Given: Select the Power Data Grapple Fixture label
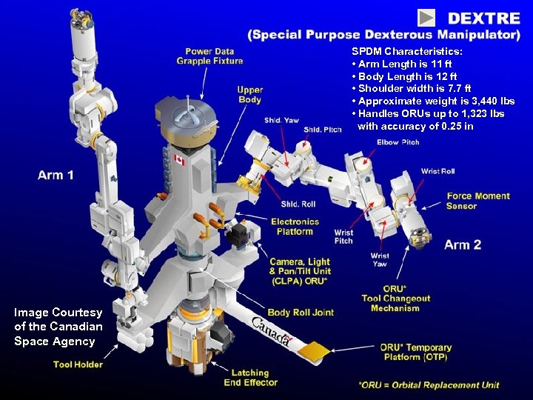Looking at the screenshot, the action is click(x=209, y=56).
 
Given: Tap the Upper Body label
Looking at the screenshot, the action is click(x=250, y=95).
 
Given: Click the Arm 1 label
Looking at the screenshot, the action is click(x=56, y=176).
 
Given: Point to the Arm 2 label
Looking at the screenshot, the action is click(x=463, y=244).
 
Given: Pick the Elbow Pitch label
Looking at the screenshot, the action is click(x=398, y=142).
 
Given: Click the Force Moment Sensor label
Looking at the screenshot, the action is click(x=477, y=201).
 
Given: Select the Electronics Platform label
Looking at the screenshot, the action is click(x=295, y=226).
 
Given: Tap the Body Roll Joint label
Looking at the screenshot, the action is click(x=301, y=313).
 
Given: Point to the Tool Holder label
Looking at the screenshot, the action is click(x=78, y=364).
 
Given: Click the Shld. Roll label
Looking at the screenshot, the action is click(x=298, y=204).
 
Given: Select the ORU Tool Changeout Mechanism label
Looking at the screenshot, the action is click(x=395, y=299).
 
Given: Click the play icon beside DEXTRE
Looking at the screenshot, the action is click(x=426, y=17).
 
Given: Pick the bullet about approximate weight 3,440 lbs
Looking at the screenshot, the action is click(x=434, y=101).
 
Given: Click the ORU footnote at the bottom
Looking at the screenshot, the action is click(x=429, y=385).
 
